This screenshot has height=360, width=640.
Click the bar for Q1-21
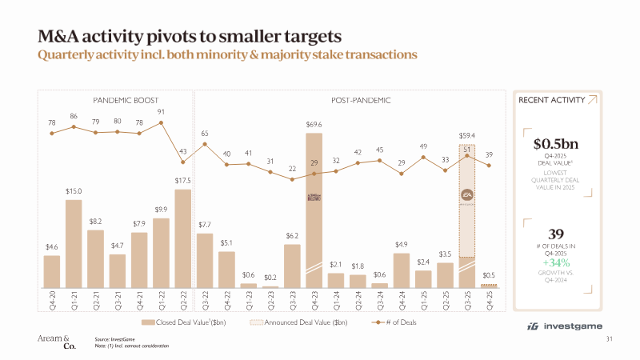(74, 244)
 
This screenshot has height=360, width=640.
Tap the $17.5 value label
(182, 181)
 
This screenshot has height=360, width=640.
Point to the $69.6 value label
(314, 125)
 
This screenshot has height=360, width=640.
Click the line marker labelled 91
(162, 122)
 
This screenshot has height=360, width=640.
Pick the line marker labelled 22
(292, 179)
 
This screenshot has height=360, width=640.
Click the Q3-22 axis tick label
(205, 303)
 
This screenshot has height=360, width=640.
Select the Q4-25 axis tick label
(489, 303)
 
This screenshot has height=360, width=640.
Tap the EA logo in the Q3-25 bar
(467, 194)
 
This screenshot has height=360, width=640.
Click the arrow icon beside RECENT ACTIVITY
(591, 100)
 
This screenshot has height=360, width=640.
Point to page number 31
(610, 341)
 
